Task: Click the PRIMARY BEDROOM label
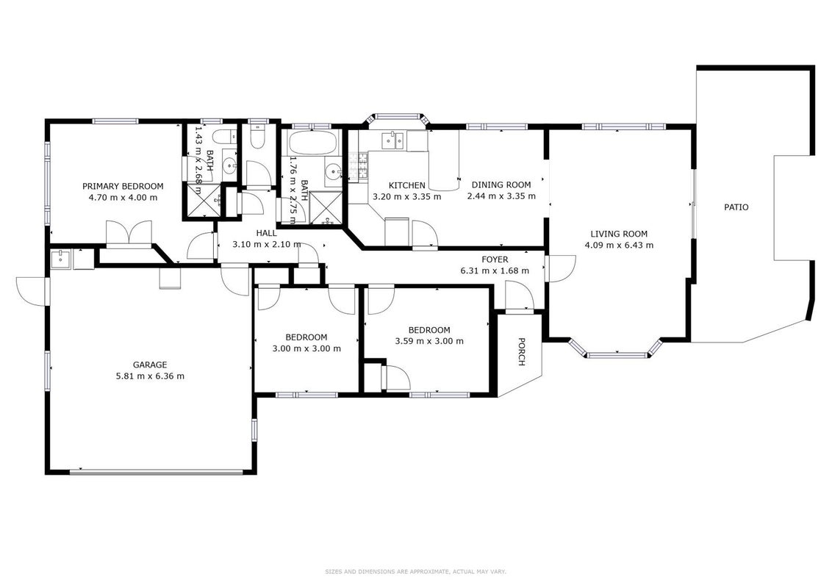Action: [123, 186]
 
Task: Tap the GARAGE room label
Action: [150, 365]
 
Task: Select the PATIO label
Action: [736, 207]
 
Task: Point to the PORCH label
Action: [521, 352]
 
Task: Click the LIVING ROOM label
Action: [619, 234]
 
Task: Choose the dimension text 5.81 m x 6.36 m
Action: [150, 376]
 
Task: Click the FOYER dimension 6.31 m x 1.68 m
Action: [495, 270]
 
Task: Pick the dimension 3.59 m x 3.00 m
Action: [429, 341]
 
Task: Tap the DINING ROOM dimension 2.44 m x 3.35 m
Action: [501, 196]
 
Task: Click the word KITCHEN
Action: [407, 186]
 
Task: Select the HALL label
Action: [266, 234]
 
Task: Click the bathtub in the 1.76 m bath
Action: [312, 143]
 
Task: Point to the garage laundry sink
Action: [61, 259]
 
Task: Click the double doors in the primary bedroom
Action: [129, 234]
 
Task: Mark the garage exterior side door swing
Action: [32, 291]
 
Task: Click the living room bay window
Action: [618, 349]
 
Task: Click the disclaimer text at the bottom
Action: [415, 572]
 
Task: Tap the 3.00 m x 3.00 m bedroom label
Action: [306, 343]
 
